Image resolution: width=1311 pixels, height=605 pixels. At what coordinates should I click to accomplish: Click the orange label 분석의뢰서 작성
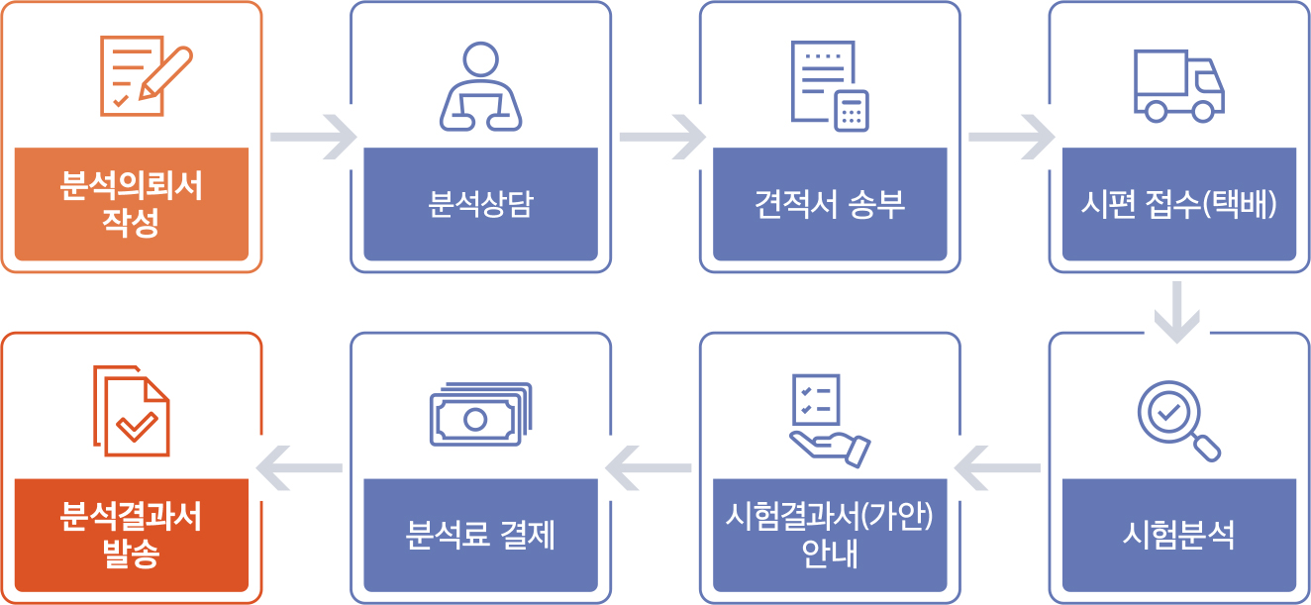131,204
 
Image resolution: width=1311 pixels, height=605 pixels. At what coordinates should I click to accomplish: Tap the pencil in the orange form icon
165,72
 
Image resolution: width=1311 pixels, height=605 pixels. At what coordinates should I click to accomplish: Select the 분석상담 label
480,204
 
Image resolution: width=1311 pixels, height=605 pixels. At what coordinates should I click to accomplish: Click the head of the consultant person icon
480,59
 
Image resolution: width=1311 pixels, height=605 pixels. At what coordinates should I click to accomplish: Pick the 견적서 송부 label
830,204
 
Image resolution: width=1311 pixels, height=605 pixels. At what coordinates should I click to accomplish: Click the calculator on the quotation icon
852,111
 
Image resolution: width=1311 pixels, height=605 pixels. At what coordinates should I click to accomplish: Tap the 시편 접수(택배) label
1178,204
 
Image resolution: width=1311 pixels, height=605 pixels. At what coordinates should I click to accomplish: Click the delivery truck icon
1178,86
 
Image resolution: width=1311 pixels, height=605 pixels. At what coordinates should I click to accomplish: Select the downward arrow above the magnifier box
1177,312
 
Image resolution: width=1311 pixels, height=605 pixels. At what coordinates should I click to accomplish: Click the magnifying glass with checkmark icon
1178,421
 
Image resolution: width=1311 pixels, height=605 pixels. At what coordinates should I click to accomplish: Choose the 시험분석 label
1178,535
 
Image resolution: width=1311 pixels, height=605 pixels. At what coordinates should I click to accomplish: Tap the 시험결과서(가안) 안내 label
830,535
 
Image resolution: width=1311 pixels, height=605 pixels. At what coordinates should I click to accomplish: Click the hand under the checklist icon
830,450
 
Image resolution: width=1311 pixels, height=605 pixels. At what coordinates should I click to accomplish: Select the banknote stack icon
480,414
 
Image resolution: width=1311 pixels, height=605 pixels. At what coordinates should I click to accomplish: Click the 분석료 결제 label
480,535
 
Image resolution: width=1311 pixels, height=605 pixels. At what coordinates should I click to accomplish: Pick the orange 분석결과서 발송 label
131,535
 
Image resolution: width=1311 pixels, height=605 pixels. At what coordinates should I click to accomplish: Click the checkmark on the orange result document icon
137,427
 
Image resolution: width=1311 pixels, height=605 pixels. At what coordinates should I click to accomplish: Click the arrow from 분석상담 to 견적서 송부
663,137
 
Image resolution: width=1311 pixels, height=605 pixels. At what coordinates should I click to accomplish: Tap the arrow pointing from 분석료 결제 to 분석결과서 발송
299,468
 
